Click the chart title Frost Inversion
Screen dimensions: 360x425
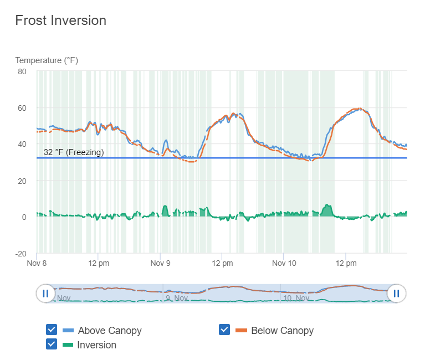tap(60, 20)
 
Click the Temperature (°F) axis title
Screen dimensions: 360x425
tap(47, 60)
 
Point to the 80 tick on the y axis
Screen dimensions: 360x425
tap(22, 71)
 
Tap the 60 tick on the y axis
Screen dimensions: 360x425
tap(22, 108)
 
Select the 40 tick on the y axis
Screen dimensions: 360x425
tap(22, 144)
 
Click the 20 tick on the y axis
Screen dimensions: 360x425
tap(22, 181)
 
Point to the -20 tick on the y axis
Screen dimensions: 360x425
tap(21, 254)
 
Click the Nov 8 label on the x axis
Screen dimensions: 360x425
tap(37, 263)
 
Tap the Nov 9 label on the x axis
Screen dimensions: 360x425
tap(160, 263)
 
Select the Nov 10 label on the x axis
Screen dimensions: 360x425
tap(283, 263)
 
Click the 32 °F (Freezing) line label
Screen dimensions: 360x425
tap(74, 152)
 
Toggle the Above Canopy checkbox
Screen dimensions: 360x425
tap(51, 330)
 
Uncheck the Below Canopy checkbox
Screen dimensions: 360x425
tap(224, 330)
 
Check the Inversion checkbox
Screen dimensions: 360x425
tap(51, 344)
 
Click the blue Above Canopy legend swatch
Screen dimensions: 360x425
tap(68, 331)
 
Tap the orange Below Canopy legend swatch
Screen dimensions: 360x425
tap(241, 331)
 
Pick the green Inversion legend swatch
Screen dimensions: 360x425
tap(68, 345)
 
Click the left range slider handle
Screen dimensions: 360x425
tap(45, 293)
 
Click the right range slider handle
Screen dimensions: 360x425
tap(397, 293)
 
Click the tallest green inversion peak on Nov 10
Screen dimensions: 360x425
tap(327, 210)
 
